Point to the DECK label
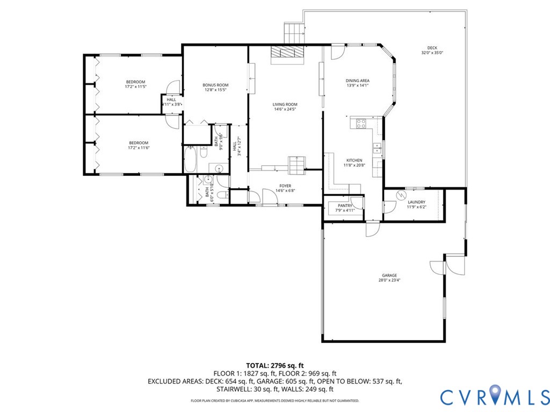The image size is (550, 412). tap(432, 48)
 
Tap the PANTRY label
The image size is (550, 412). tap(345, 205)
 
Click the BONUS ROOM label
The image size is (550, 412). tap(215, 85)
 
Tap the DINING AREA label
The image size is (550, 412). tap(357, 81)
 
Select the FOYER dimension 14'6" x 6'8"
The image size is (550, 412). tap(285, 190)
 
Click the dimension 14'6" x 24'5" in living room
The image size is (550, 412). tap(285, 109)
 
